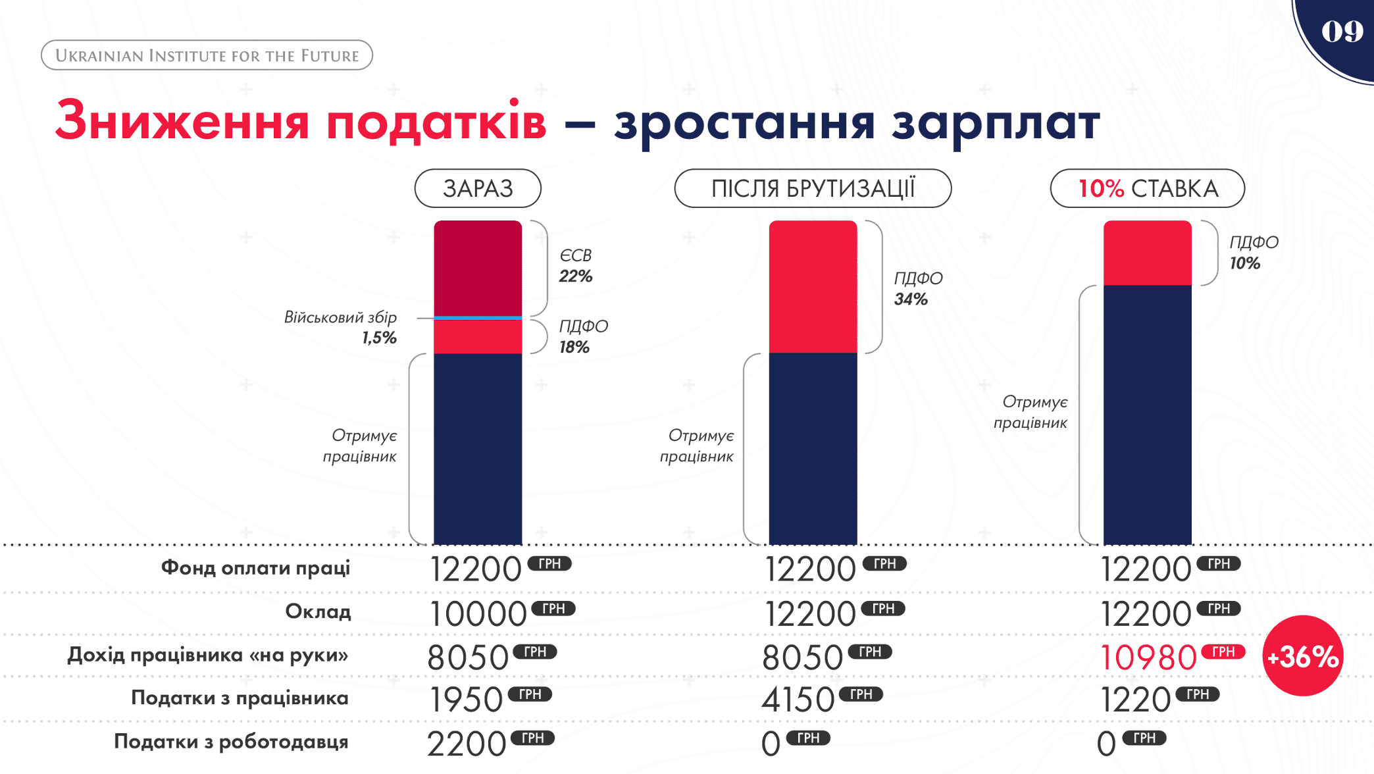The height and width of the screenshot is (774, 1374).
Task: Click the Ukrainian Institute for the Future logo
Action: tap(207, 55)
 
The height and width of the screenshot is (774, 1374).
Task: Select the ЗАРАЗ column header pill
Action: tap(478, 189)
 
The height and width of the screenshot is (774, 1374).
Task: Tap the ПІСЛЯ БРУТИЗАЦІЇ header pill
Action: tap(813, 189)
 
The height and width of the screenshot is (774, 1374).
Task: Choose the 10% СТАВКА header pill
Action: tap(1147, 189)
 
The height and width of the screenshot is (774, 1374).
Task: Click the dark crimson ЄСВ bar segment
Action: tap(478, 268)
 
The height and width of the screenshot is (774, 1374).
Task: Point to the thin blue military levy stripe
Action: tap(478, 318)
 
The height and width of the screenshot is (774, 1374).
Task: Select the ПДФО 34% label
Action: tap(917, 288)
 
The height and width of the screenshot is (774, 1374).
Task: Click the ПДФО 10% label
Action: tap(1253, 253)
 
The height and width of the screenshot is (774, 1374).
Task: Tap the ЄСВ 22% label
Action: tap(576, 265)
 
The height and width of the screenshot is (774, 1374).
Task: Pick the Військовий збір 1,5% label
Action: tap(341, 327)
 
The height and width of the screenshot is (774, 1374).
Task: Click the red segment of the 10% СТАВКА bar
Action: tap(1147, 253)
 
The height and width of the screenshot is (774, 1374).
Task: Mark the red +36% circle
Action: tap(1302, 656)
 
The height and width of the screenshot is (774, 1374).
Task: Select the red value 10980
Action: tap(1148, 658)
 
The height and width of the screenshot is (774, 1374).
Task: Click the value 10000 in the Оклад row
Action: tap(478, 614)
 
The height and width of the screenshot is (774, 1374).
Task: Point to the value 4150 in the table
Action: tap(798, 700)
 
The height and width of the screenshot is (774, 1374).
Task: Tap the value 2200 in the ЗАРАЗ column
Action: tap(467, 744)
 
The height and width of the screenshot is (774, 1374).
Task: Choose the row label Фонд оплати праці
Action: tap(255, 568)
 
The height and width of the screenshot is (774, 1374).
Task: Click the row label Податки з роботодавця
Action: tap(231, 742)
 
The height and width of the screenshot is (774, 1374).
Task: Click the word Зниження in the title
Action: tap(182, 122)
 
